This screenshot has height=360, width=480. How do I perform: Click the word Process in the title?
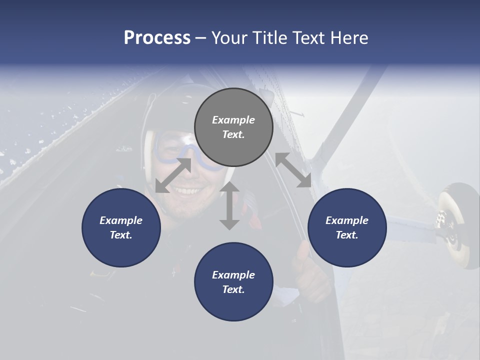157,38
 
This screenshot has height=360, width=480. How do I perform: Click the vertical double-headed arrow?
229,206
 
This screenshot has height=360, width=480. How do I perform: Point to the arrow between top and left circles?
173,175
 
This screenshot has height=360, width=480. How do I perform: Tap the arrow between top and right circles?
293,170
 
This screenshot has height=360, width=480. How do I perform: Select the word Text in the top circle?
233,134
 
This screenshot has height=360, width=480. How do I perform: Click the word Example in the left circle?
121,220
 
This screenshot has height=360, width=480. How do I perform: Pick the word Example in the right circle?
347,220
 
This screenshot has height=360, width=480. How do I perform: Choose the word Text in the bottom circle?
233,289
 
